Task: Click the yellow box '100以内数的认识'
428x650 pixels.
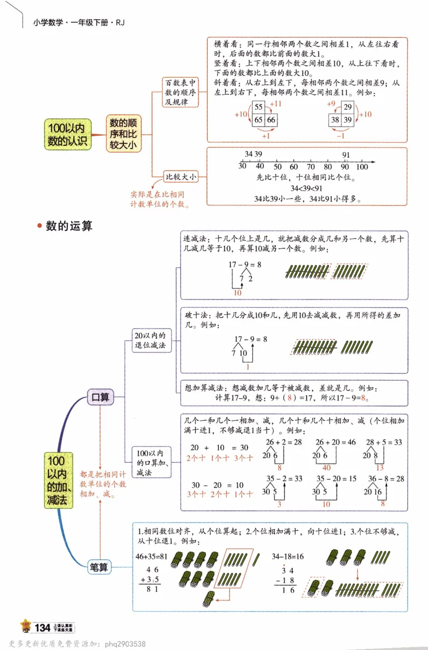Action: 68,134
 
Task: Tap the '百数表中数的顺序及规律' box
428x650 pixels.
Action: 180,92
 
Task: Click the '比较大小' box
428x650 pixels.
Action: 181,176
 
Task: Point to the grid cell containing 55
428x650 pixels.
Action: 259,107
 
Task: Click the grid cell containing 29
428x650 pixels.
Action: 347,107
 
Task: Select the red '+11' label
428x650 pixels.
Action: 275,104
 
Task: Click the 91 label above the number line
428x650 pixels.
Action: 346,155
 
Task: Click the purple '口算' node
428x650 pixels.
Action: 100,397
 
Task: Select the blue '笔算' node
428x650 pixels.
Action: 100,567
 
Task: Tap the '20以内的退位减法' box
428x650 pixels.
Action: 152,341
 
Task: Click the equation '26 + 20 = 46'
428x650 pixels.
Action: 335,442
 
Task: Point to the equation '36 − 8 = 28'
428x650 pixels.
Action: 385,479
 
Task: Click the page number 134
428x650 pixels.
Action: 42,627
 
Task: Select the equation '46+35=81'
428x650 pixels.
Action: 151,557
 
